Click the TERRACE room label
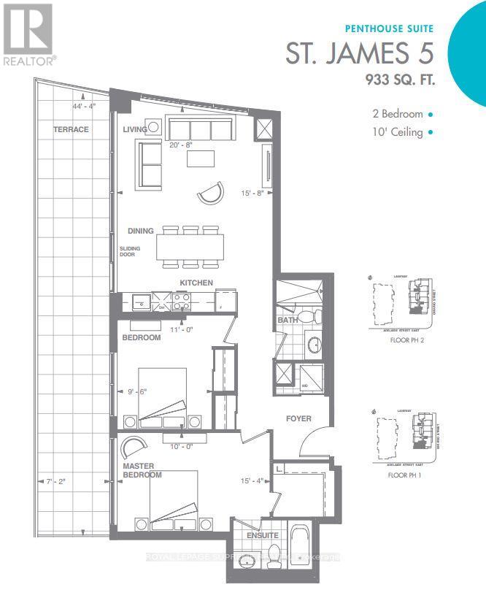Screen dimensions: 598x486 point(71,129)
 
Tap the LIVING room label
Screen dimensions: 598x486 point(136,129)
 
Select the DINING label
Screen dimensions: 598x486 point(141,231)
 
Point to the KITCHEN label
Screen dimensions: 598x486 point(197,282)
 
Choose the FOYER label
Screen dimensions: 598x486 point(298,418)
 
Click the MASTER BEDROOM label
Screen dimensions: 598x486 point(142,470)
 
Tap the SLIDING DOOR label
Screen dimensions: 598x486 point(130,253)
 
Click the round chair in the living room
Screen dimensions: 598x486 point(209,193)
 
